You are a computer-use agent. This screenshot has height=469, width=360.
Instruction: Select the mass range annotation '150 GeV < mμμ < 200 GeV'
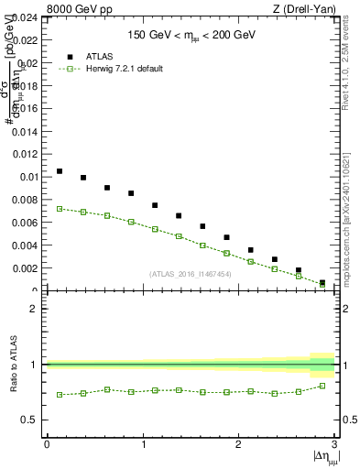tap(191, 36)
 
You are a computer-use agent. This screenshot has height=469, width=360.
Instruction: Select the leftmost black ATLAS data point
tap(60, 171)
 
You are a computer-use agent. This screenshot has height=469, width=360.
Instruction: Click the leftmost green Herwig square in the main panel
tap(60, 209)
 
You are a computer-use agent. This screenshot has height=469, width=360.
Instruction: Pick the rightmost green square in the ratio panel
tap(322, 386)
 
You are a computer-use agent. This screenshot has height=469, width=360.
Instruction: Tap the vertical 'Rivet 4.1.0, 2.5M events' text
tap(348, 73)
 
